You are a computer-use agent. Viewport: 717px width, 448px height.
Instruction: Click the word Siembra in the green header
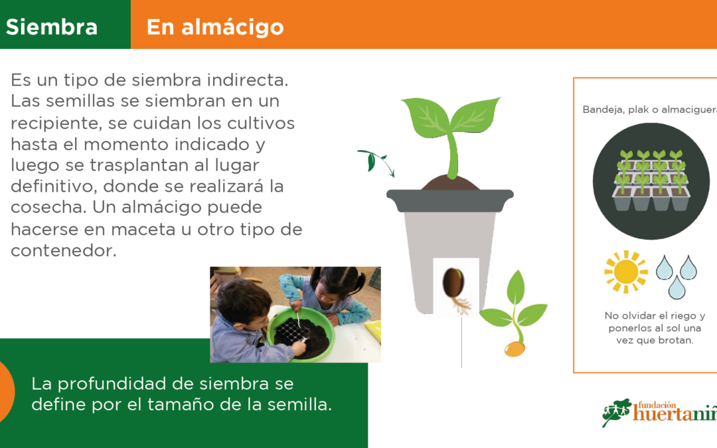(x=52, y=27)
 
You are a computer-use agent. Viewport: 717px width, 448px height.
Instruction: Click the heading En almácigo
(x=215, y=27)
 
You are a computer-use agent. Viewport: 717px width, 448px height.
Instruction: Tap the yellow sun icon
(x=625, y=271)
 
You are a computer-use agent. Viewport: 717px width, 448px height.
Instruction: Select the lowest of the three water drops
(x=677, y=288)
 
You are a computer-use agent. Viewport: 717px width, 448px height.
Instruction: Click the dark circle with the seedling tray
(x=651, y=181)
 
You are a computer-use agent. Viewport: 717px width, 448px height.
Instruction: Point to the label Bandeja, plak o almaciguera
(x=649, y=110)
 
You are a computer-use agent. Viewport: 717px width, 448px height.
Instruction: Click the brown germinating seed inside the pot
(x=454, y=283)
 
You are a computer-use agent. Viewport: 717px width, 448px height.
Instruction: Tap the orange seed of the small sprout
(x=515, y=349)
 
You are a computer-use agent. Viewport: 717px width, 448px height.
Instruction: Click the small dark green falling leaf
(x=371, y=161)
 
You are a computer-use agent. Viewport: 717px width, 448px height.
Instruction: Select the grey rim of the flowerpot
(x=450, y=200)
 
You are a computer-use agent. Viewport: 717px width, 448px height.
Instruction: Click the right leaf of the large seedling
(x=475, y=113)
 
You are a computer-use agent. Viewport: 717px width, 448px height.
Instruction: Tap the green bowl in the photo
(x=301, y=334)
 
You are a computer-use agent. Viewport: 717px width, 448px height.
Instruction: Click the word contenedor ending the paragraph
(x=64, y=250)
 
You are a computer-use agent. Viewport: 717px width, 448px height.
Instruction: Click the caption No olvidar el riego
(x=655, y=315)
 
